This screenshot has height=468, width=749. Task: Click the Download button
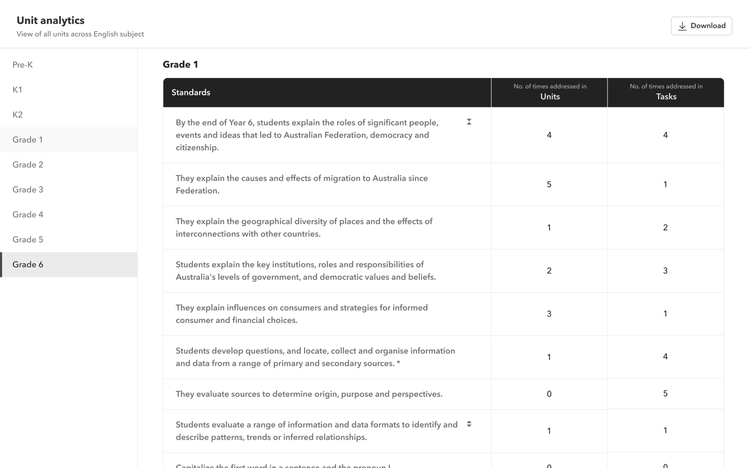[701, 26]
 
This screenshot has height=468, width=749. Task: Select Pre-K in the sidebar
[23, 65]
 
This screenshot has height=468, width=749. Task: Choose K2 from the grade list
[18, 115]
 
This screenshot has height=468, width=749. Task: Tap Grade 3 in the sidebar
[28, 190]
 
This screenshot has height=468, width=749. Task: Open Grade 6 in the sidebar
[28, 265]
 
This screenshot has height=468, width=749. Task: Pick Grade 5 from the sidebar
[28, 240]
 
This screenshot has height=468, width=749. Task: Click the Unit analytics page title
[50, 20]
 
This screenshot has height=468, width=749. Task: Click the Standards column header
[191, 92]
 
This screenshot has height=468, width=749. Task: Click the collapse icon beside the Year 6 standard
[469, 122]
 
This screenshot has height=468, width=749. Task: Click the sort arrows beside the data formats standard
[469, 424]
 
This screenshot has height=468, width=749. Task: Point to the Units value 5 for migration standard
[549, 185]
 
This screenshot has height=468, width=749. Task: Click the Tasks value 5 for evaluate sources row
[665, 394]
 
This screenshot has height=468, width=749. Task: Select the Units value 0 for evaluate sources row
[549, 394]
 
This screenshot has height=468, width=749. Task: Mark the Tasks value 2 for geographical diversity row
[665, 228]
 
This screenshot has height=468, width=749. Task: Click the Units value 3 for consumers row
[549, 314]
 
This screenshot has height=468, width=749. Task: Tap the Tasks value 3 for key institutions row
[665, 271]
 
